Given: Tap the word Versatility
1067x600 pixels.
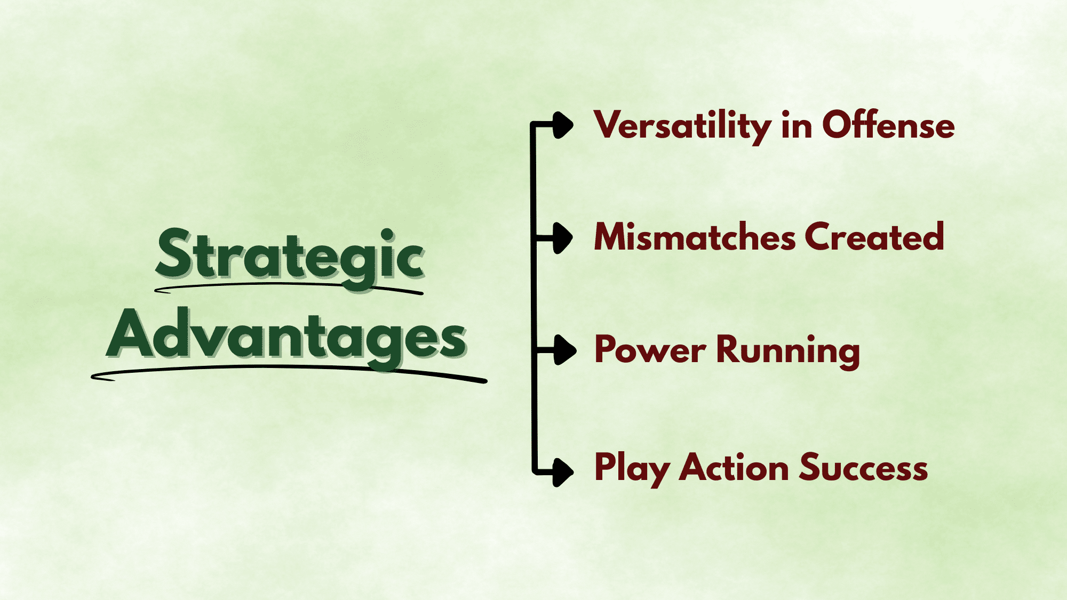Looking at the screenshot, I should pyautogui.click(x=682, y=126).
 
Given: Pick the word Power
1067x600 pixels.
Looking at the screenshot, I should pyautogui.click(x=650, y=350).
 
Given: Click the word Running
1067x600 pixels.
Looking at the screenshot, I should pyautogui.click(x=787, y=350).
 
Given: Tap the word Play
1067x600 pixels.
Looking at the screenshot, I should pyautogui.click(x=631, y=468).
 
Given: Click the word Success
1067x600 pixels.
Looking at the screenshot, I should pyautogui.click(x=863, y=467).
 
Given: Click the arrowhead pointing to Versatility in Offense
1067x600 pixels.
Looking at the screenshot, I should pyautogui.click(x=562, y=125).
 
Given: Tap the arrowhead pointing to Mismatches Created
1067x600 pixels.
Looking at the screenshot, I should pyautogui.click(x=562, y=238).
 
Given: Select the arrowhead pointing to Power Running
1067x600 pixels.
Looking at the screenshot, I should pyautogui.click(x=564, y=350).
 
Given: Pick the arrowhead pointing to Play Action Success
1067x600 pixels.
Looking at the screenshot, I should pyautogui.click(x=562, y=472).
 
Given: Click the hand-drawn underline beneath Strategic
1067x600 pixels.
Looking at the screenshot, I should pyautogui.click(x=288, y=286).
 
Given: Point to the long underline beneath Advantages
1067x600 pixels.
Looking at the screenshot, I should pyautogui.click(x=288, y=368).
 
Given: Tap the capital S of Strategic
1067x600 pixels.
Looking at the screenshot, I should pyautogui.click(x=174, y=253).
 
